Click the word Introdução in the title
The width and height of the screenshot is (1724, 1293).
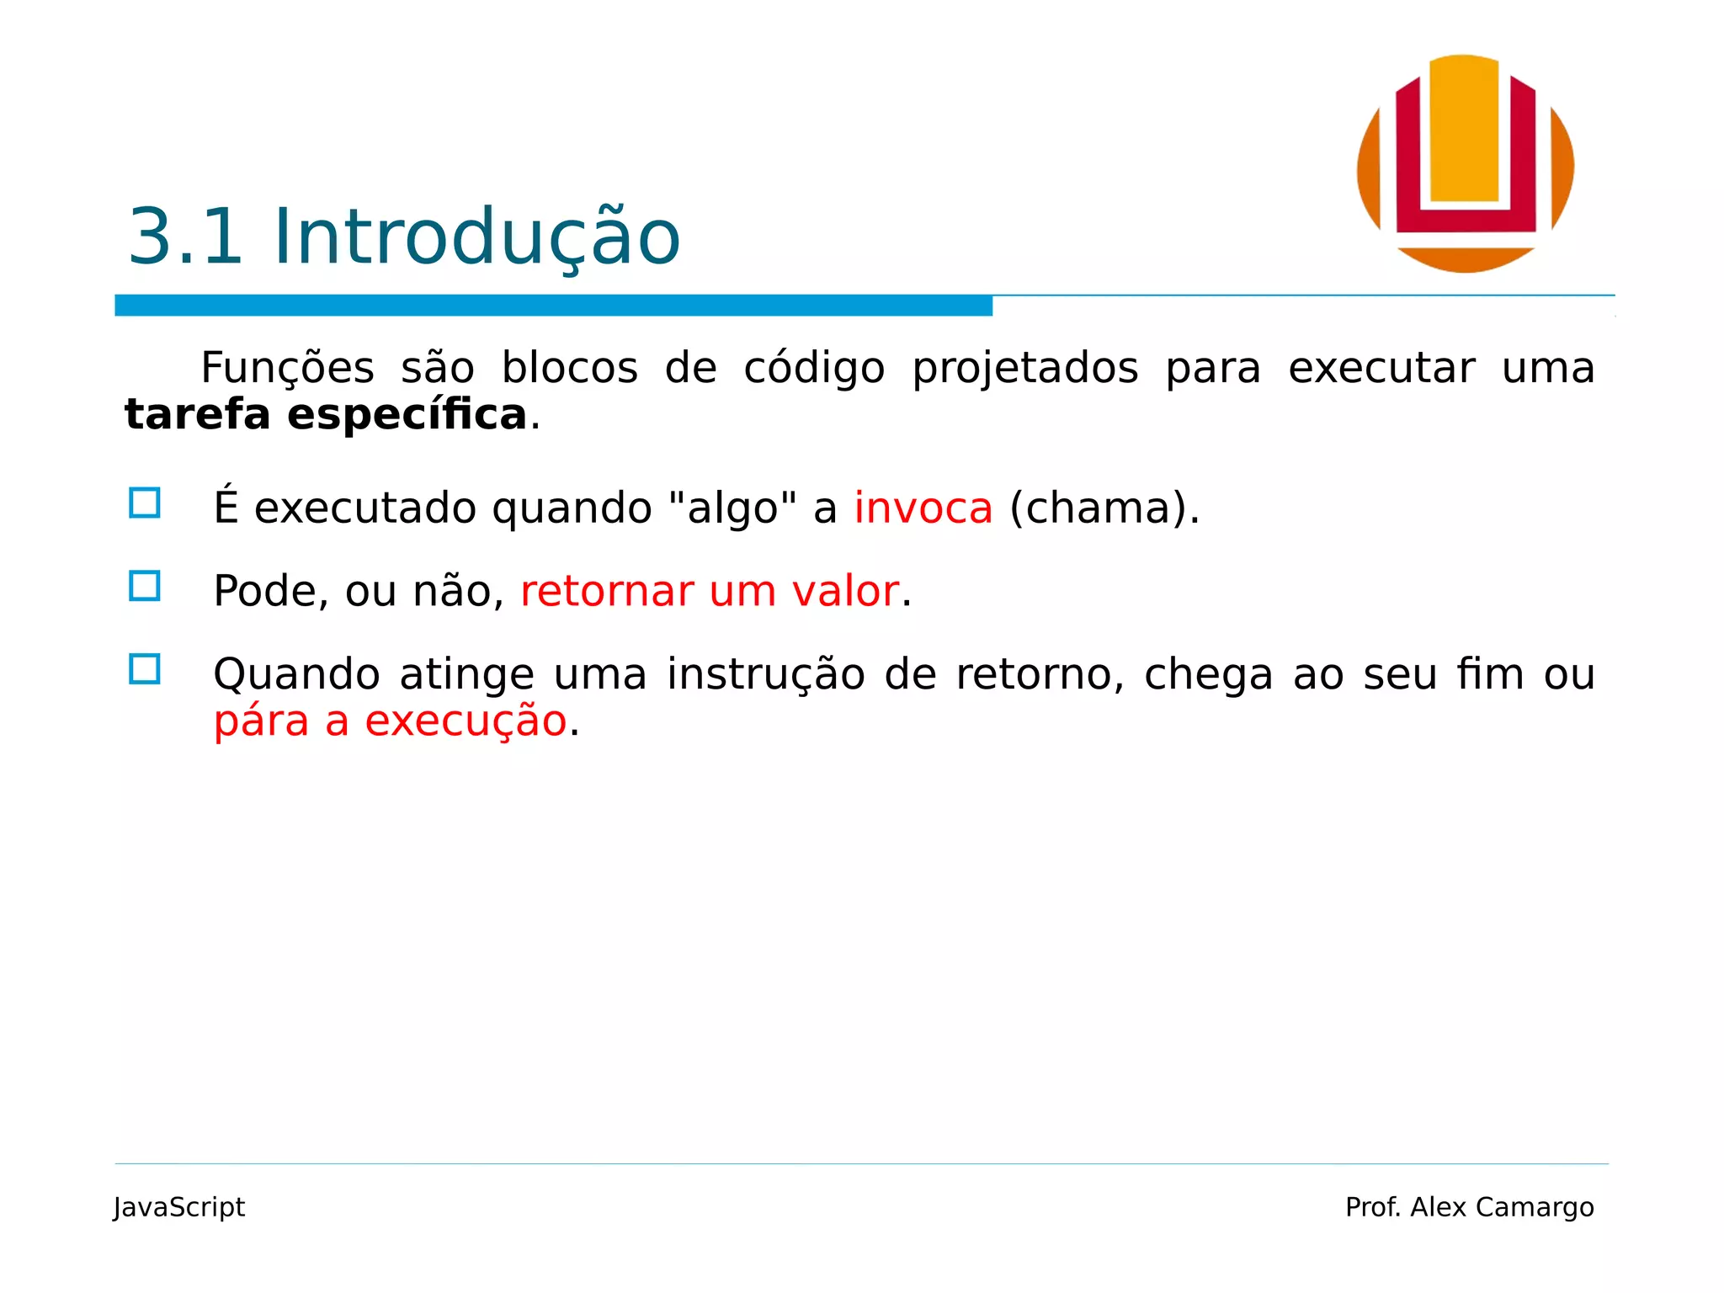click(x=476, y=238)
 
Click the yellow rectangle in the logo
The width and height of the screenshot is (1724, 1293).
click(x=1465, y=130)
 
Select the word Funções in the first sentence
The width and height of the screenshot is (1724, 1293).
click(x=287, y=369)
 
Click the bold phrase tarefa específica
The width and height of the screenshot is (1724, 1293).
click(x=326, y=415)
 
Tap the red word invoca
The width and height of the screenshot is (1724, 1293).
click(x=923, y=508)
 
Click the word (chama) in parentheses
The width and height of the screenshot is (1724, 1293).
click(x=1098, y=508)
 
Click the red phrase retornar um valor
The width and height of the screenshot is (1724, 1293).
click(x=710, y=591)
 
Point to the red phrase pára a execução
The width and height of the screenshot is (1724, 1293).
click(x=390, y=721)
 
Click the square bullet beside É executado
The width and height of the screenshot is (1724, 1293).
click(x=145, y=503)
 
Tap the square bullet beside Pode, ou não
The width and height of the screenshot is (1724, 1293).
click(x=145, y=586)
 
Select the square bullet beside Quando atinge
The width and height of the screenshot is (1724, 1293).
click(x=145, y=669)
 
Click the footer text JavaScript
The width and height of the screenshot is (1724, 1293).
click(x=179, y=1207)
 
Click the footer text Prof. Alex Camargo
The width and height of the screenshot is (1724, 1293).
click(x=1469, y=1207)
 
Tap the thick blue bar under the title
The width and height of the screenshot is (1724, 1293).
click(x=553, y=306)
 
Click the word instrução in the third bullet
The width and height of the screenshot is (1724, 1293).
click(x=766, y=675)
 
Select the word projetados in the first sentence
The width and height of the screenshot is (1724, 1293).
click(x=1024, y=369)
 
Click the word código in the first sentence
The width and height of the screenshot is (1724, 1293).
click(x=814, y=369)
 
